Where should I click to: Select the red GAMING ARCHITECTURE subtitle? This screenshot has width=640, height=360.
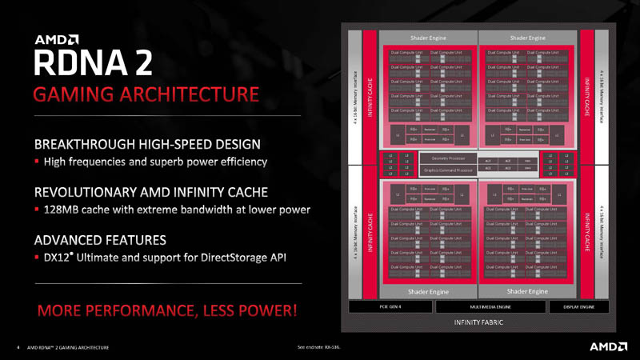(146, 94)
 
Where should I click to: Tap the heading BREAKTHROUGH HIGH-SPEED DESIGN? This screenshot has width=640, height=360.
(147, 145)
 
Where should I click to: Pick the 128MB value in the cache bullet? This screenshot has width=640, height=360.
(64, 210)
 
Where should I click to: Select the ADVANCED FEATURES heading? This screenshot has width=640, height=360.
(100, 239)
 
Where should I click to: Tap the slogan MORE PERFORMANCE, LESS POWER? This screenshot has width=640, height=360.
(165, 309)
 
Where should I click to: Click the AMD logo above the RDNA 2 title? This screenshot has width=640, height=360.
(56, 38)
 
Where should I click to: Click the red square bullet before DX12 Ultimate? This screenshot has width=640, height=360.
(36, 257)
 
